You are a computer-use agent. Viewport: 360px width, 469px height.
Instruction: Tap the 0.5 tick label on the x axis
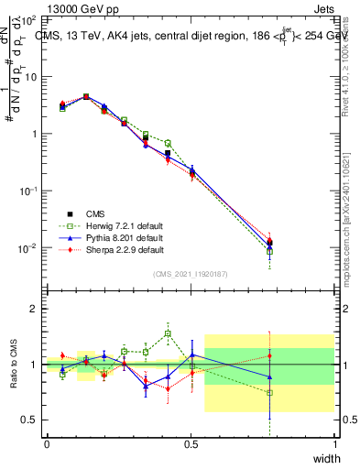191,444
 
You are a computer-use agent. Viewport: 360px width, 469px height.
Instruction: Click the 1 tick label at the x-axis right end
334,444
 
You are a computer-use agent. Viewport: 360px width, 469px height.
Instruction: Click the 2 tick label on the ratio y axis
33,309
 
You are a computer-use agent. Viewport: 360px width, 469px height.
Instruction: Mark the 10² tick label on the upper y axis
28,18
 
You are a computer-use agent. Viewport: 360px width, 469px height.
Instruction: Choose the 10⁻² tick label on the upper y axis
28,248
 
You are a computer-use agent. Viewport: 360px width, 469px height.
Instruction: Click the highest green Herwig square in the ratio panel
168,333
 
